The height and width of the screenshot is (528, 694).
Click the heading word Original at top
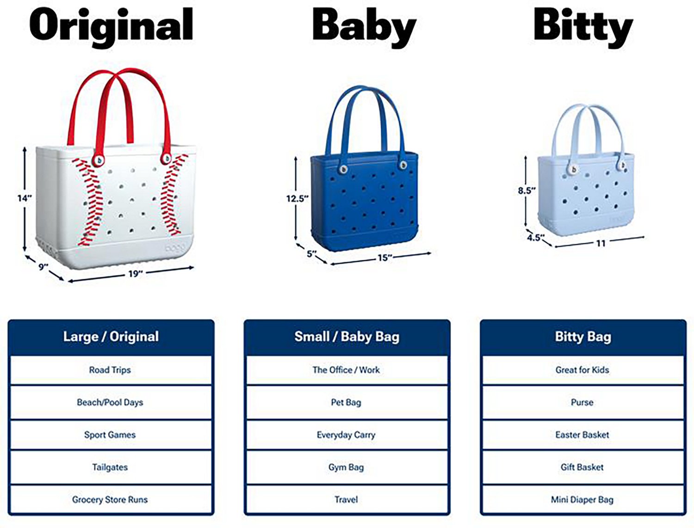coord(111,26)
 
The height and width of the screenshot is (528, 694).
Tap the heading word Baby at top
coord(364,26)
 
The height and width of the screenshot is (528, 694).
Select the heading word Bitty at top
coord(582,26)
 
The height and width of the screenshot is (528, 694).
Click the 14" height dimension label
coord(25,198)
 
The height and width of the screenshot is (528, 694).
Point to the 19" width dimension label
coord(135,274)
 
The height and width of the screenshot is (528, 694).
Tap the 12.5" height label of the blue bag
coord(297,198)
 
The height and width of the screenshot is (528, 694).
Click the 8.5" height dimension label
coord(527,190)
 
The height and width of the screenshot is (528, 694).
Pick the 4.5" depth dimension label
coord(535,238)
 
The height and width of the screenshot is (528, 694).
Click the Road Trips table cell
coord(110,370)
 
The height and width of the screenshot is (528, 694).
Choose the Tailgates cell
coord(110,467)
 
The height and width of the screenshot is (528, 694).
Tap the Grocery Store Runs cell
coord(110,499)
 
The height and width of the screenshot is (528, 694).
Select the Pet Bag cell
coord(346,402)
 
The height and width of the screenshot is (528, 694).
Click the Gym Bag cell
coord(346,467)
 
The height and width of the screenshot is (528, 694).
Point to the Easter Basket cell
coord(582,435)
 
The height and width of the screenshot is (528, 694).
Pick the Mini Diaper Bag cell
coord(582,499)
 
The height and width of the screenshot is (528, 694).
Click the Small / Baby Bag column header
coord(347,337)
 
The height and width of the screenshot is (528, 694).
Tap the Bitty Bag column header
coord(583,337)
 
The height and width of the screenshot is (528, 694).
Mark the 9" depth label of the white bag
coord(43,267)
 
